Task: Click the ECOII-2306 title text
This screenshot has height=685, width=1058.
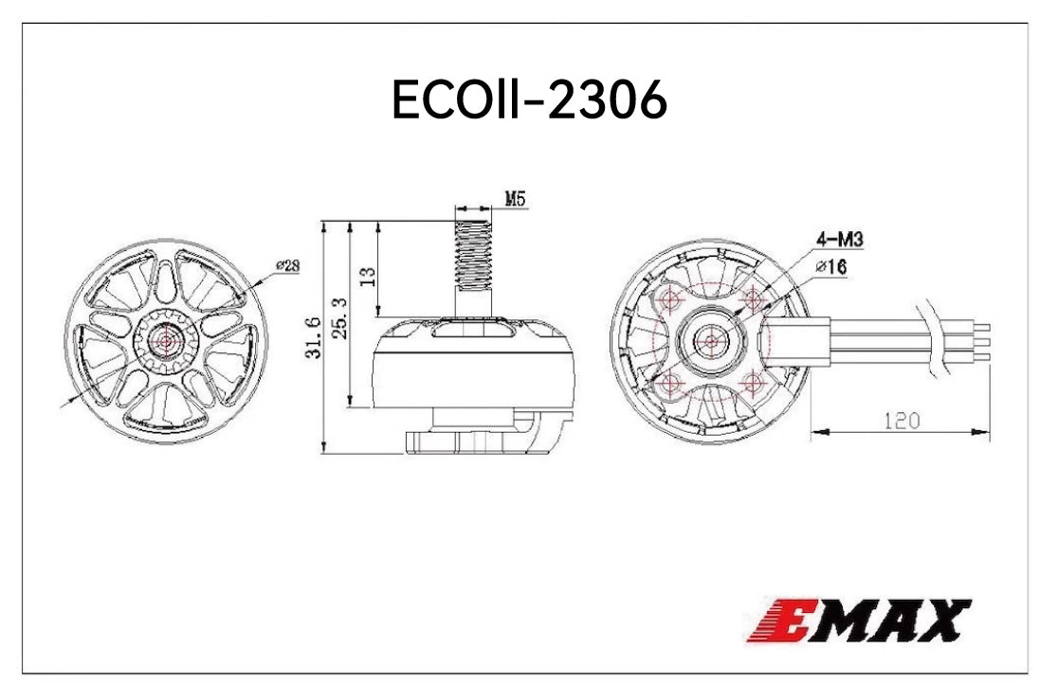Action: [x=529, y=100]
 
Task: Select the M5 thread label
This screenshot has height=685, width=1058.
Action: [x=515, y=199]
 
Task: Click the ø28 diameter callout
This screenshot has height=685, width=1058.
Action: [x=287, y=266]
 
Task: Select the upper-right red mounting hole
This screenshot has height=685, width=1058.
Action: [x=755, y=299]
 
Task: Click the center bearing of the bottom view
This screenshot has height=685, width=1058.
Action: [x=710, y=341]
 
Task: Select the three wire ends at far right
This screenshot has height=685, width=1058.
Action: [x=982, y=341]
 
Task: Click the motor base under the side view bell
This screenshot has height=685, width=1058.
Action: [x=474, y=437]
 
